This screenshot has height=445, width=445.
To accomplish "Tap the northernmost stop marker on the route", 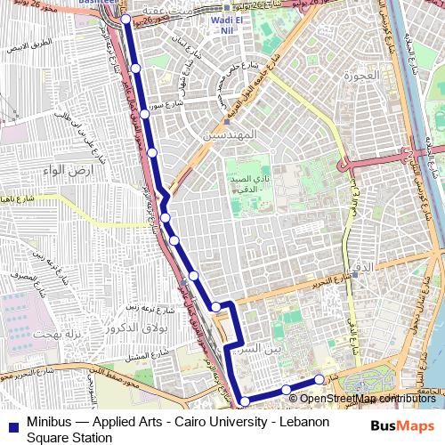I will click(x=125, y=19).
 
